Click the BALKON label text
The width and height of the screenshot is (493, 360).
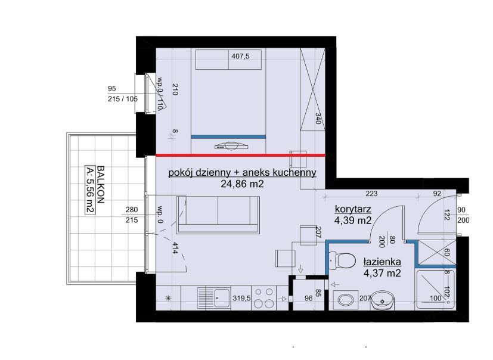(100, 185)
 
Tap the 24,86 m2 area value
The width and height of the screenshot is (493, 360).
(242, 184)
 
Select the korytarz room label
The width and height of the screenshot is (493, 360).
(353, 209)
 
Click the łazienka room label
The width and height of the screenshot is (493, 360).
(382, 262)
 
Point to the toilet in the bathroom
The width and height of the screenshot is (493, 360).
(342, 260)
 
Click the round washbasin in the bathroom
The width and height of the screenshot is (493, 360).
(382, 300)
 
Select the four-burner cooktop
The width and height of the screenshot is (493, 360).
(264, 298)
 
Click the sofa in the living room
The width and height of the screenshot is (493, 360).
(218, 215)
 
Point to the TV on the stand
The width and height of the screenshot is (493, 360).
(232, 146)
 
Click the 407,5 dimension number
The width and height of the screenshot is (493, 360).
(240, 56)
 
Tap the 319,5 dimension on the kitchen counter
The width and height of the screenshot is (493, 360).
(241, 298)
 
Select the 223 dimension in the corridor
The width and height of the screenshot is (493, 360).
(371, 194)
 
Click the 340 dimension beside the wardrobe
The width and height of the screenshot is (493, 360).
(318, 119)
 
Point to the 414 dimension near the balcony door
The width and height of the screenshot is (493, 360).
(175, 248)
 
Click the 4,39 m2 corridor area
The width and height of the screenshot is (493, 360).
(353, 221)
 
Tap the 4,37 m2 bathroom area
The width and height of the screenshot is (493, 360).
(382, 273)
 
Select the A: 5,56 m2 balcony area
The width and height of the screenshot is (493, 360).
(90, 190)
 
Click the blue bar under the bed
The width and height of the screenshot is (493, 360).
(228, 136)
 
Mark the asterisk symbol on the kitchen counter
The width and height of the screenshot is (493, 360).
(168, 299)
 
